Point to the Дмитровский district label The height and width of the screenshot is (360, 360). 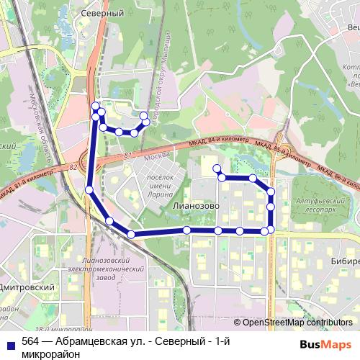click(x=28, y=287)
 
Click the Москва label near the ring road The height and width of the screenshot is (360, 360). click(x=156, y=157)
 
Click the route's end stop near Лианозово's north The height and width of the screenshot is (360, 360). click(x=215, y=168)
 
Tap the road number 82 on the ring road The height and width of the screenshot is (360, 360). click(x=74, y=166)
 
